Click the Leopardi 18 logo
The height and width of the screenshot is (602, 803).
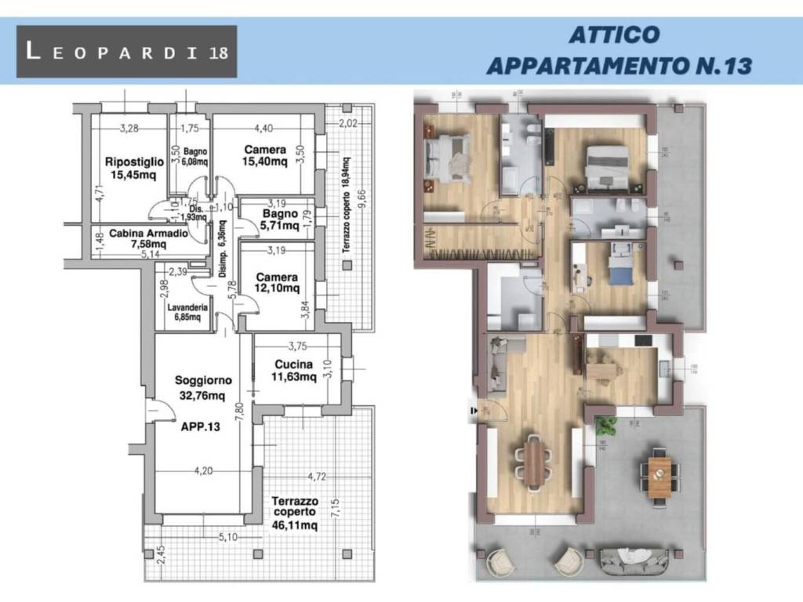click(126, 52)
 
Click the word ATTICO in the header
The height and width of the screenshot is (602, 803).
click(614, 35)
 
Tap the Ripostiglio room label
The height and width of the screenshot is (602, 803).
click(134, 162)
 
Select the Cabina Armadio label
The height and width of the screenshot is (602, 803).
click(148, 234)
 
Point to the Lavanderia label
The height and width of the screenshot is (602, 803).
click(187, 308)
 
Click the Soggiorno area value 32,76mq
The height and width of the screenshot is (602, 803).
click(200, 395)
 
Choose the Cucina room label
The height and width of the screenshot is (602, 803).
click(294, 364)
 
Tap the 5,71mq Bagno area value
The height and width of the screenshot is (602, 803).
click(280, 226)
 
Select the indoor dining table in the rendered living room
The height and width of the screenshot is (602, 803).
click(534, 462)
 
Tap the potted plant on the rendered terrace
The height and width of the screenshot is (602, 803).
click(605, 426)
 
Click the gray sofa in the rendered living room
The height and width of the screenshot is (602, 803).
click(496, 364)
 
